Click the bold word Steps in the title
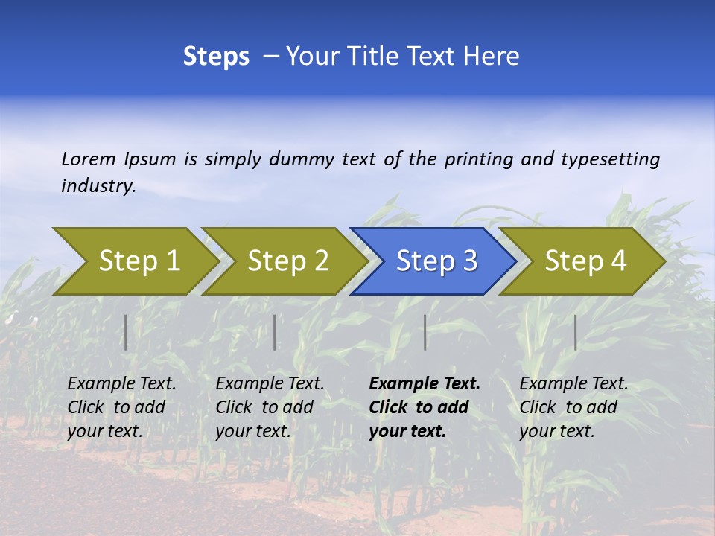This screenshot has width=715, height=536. click(216, 57)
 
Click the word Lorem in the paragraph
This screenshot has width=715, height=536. click(89, 159)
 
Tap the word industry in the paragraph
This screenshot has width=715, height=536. click(98, 185)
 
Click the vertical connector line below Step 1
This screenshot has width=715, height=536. click(126, 332)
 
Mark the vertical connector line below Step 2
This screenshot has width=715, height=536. click(275, 332)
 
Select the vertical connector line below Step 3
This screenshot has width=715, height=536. click(425, 332)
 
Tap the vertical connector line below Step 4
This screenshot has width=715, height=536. click(576, 332)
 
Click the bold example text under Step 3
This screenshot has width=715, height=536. click(424, 407)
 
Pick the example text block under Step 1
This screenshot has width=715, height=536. click(121, 407)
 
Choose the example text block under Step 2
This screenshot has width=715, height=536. click(270, 407)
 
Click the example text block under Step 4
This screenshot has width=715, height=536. click(573, 407)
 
